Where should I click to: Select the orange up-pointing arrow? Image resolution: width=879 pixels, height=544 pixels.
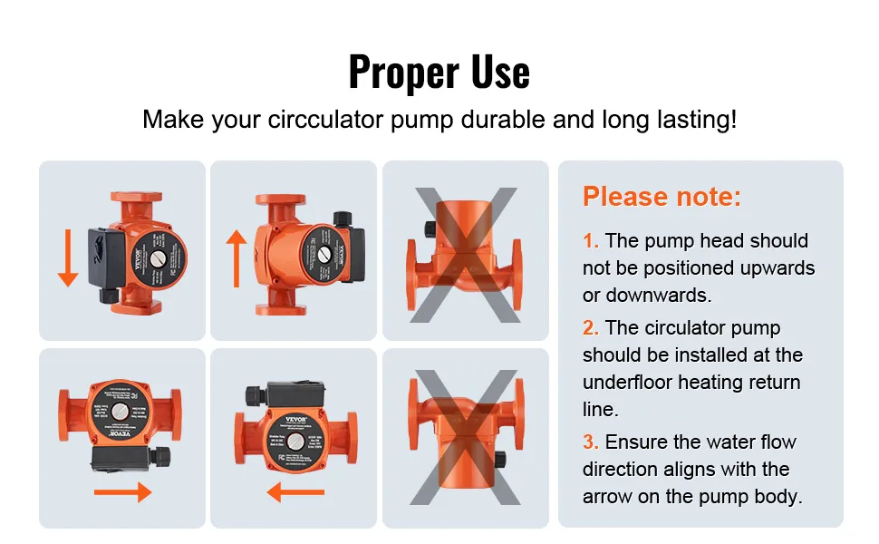pyautogui.click(x=237, y=257)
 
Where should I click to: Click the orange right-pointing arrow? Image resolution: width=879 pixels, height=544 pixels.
pyautogui.click(x=122, y=492)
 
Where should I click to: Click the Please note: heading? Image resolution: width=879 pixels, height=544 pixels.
pyautogui.click(x=662, y=196)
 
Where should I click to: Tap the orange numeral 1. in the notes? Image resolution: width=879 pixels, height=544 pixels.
pyautogui.click(x=591, y=241)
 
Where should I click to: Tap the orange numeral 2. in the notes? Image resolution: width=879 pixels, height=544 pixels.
pyautogui.click(x=591, y=328)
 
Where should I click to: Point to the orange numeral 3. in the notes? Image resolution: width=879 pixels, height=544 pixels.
pyautogui.click(x=591, y=442)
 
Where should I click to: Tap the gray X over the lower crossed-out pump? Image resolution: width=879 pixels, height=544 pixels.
pyautogui.click(x=465, y=437)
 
